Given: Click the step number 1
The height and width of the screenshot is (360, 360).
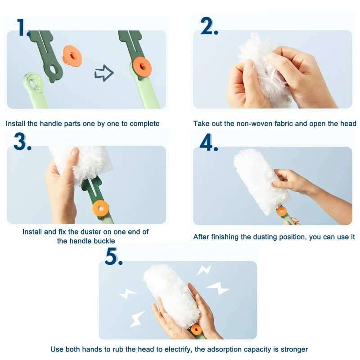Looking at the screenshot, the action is [22, 27].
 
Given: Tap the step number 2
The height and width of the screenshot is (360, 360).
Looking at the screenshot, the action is [209, 26].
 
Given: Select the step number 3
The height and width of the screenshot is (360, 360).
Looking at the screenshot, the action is [22, 141].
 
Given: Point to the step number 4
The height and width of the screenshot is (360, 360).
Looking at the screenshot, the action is [208, 142].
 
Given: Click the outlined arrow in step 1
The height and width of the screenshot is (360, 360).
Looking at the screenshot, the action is [104, 73].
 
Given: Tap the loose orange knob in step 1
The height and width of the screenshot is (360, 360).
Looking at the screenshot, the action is [72, 56].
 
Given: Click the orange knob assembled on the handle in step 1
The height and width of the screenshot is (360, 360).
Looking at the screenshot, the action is [142, 67].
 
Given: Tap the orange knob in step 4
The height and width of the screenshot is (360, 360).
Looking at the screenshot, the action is [282, 211].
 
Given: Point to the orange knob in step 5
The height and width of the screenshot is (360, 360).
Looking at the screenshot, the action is [196, 330].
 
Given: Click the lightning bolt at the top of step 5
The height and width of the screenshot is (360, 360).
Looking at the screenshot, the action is [204, 270].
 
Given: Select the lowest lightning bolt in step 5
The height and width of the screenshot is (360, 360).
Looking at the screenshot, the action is [137, 319].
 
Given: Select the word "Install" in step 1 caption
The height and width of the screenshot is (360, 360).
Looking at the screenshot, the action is [15, 124].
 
